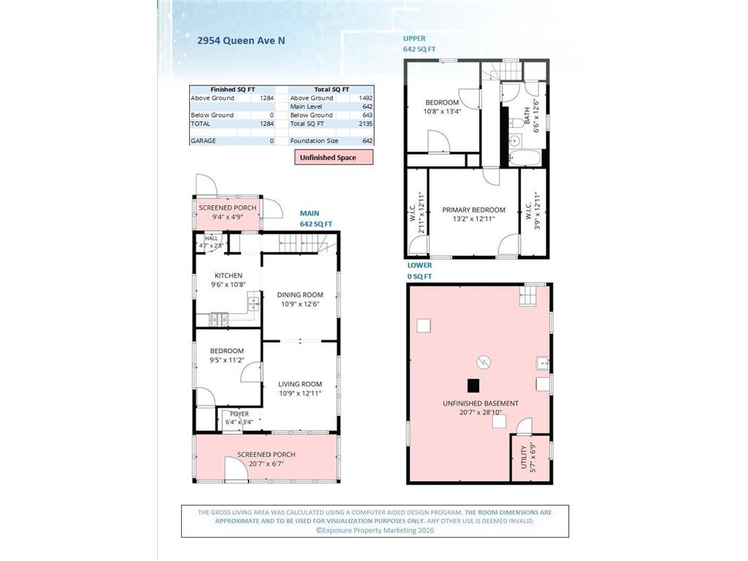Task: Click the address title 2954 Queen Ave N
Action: tap(241, 41)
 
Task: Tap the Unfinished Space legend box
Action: tap(333, 158)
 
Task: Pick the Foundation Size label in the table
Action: tap(314, 141)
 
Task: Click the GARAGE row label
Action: tap(203, 141)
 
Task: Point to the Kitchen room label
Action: tap(229, 275)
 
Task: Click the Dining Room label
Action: tap(300, 295)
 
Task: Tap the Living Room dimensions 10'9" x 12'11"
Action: tap(300, 394)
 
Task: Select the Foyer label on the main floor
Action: tap(240, 414)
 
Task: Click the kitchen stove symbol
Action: tap(219, 319)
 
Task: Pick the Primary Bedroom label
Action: tap(473, 210)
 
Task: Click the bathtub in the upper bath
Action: tap(525, 158)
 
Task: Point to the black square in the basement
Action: tap(473, 385)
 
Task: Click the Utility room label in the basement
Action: tap(524, 457)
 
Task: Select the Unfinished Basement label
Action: tap(481, 403)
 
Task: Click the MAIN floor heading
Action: tap(310, 213)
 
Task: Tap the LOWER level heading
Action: tap(420, 265)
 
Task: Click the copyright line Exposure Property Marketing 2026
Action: tap(375, 530)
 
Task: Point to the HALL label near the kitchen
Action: tap(211, 238)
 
